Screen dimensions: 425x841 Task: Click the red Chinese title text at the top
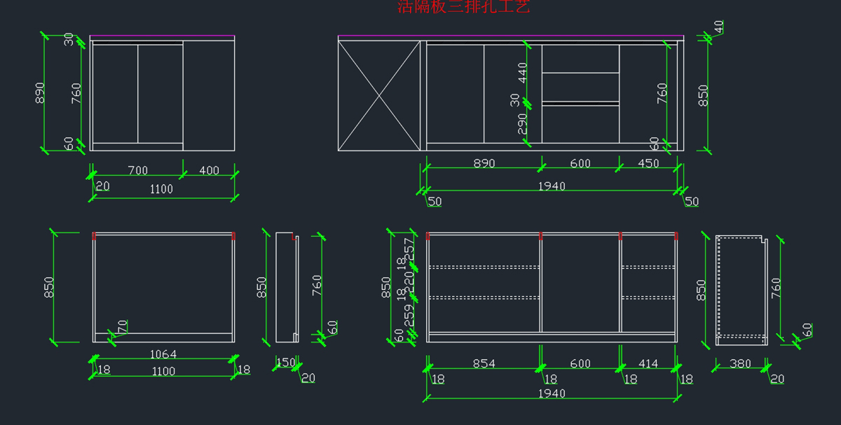point(463,7)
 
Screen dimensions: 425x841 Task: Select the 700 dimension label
point(138,170)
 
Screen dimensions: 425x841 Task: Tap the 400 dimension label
point(209,170)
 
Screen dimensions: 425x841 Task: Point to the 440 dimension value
point(523,72)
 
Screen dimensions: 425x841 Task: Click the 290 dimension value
point(523,124)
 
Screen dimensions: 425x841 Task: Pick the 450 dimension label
point(648,163)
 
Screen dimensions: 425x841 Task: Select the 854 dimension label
point(484,363)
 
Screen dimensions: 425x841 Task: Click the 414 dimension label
point(648,363)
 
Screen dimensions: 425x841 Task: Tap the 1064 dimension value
point(163,354)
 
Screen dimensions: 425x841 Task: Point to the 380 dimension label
point(740,363)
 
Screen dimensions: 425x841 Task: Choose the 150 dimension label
point(285,363)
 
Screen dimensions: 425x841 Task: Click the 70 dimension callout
point(123,327)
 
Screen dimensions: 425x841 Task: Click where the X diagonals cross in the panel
point(379,95)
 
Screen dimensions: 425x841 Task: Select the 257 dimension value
point(410,249)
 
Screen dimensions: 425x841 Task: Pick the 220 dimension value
point(410,281)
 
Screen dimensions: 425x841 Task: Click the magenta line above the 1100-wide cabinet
point(162,36)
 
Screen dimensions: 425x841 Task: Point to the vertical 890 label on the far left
point(40,92)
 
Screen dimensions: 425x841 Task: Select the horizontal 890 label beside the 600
point(484,163)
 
